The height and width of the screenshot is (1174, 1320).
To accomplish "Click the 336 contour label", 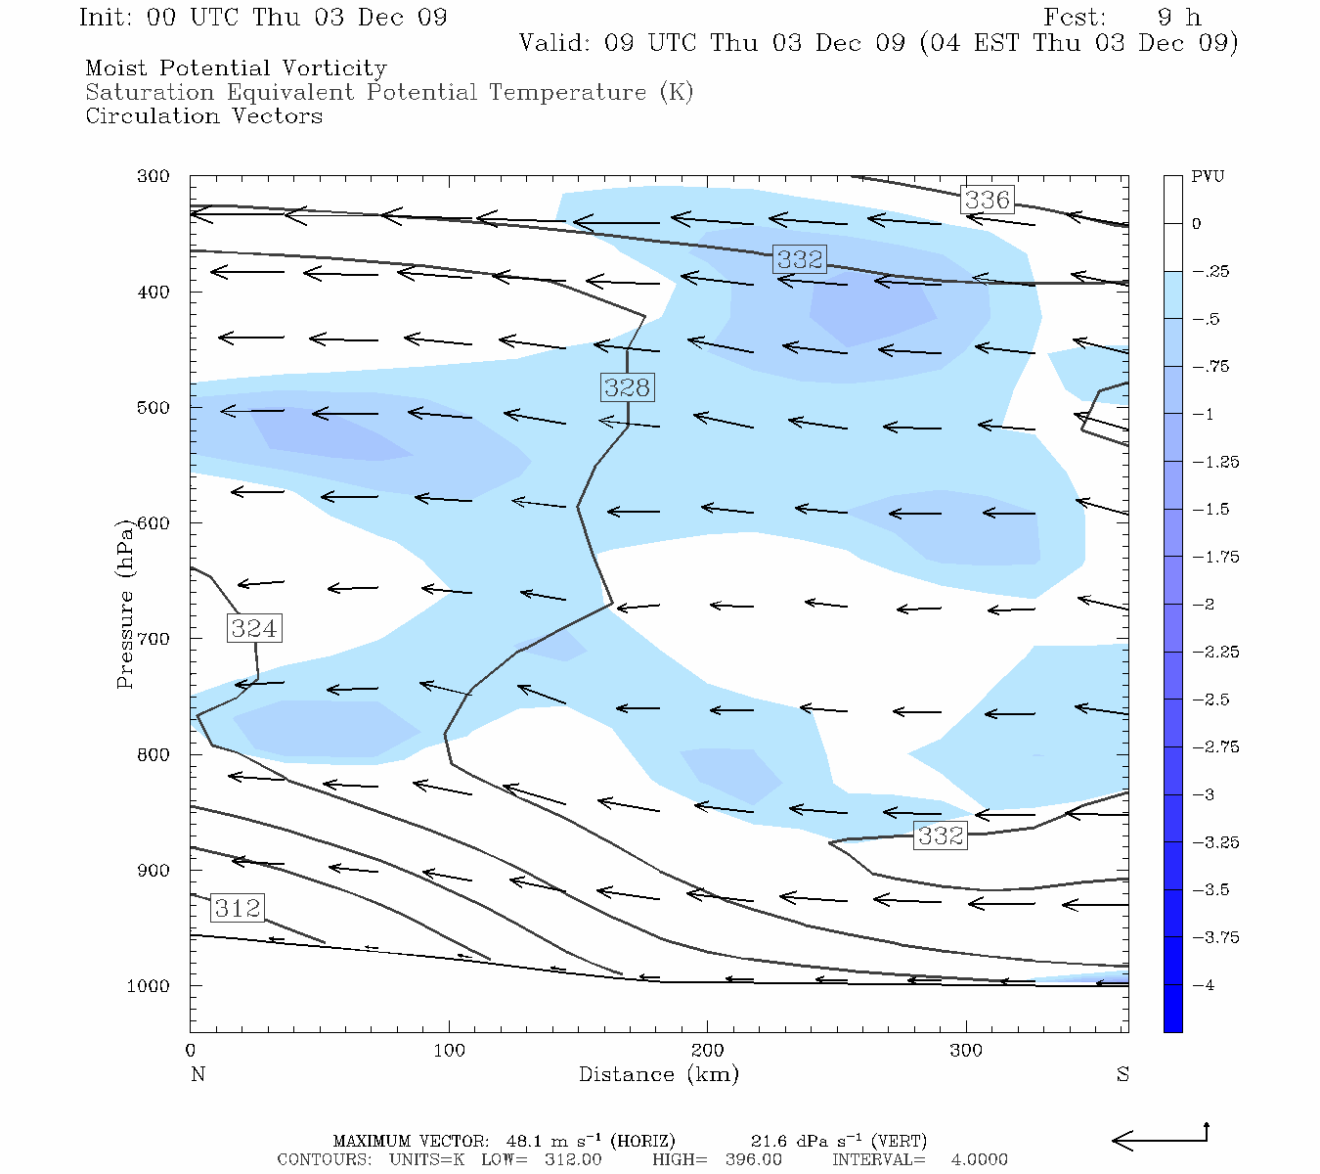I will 987,200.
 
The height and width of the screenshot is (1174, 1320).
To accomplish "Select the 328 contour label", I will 627,387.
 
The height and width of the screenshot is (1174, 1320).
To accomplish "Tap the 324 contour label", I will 254,628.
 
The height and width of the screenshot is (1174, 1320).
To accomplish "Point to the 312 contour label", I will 238,908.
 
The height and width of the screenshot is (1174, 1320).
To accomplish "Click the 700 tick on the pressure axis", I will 154,639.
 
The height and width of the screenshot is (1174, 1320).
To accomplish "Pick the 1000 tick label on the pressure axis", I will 148,986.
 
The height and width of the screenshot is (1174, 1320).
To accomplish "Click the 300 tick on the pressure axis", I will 154,177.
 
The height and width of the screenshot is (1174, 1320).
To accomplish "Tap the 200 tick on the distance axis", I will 707,1051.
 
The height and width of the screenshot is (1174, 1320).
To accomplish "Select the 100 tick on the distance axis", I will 449,1051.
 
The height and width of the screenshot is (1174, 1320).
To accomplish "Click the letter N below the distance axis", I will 198,1074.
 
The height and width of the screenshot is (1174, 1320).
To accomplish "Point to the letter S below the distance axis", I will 1122,1074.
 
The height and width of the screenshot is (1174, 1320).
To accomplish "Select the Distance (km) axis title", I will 658,1074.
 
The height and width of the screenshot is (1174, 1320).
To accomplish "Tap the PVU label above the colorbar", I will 1208,177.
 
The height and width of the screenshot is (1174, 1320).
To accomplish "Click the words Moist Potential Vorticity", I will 236,68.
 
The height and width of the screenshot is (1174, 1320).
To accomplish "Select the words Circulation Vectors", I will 203,115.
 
